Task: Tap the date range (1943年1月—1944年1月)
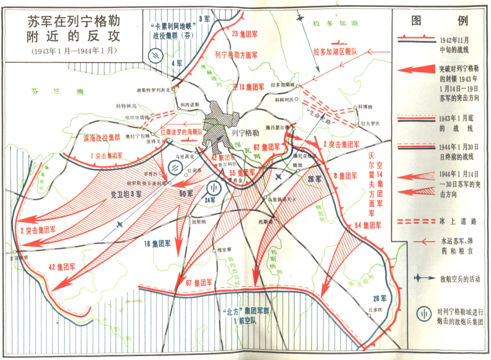73,51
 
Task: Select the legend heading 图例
440,21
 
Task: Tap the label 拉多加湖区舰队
335,52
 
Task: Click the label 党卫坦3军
126,195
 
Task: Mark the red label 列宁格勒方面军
236,56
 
